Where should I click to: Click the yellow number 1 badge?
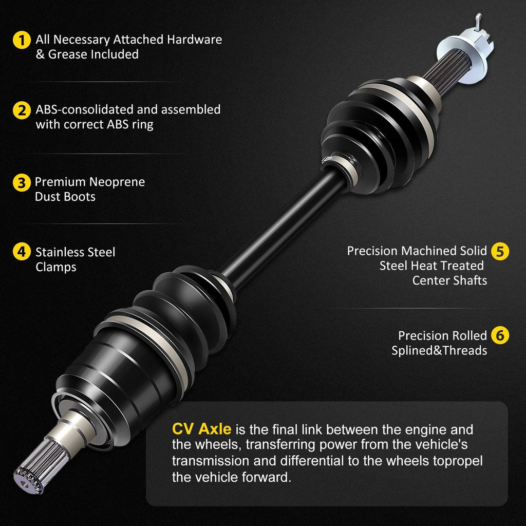click(x=22, y=40)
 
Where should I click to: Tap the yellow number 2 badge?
click(x=22, y=110)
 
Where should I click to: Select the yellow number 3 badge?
click(x=22, y=183)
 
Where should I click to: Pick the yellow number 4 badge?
click(x=22, y=252)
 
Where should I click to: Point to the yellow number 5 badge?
click(x=500, y=251)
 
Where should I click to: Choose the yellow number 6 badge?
click(x=500, y=335)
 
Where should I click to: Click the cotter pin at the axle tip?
click(x=478, y=22)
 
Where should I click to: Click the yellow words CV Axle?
click(x=201, y=429)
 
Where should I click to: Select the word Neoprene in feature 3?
click(x=118, y=182)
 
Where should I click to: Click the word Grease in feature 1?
click(x=67, y=54)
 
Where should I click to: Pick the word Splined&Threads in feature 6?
click(x=439, y=350)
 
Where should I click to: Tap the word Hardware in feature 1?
click(x=195, y=39)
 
